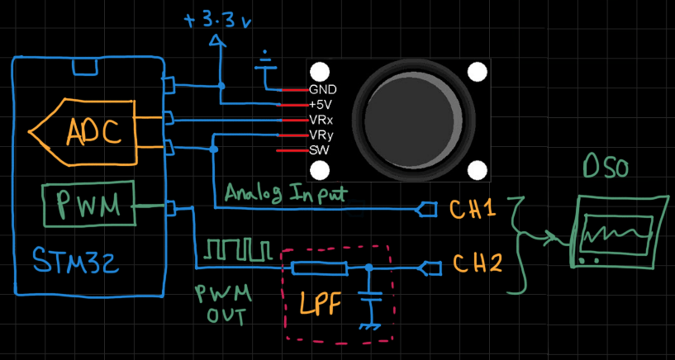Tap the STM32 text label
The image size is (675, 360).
(x=73, y=263)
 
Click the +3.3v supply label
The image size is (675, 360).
(x=218, y=19)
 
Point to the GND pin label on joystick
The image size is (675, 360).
(x=322, y=89)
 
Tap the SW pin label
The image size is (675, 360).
(x=318, y=149)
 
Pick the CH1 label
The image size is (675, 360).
(x=473, y=209)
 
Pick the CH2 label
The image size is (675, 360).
(x=478, y=264)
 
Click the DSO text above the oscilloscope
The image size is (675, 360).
(x=604, y=169)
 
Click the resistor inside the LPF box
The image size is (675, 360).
(x=319, y=268)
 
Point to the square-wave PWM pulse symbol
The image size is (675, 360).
(x=238, y=248)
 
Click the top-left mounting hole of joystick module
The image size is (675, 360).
(x=320, y=73)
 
